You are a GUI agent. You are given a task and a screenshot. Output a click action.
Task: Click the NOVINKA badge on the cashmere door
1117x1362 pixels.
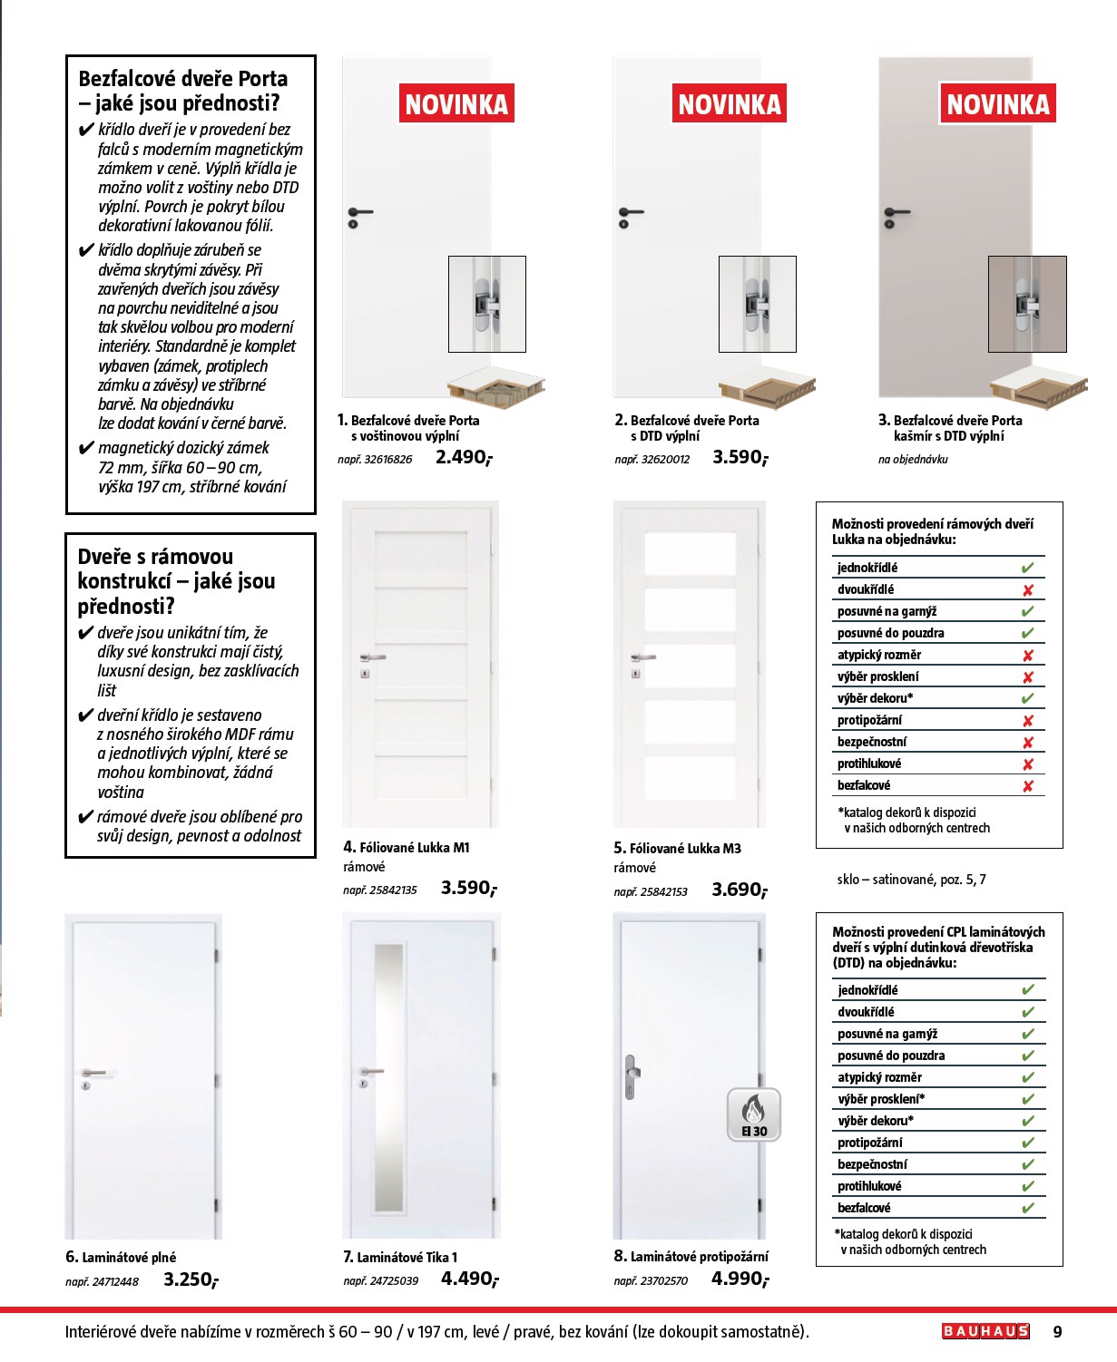997,104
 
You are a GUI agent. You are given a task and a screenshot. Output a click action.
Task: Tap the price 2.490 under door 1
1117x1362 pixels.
463,457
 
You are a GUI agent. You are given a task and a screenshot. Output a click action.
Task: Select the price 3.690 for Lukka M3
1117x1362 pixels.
739,890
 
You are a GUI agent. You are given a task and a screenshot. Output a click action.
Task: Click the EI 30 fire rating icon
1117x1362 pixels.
753,1114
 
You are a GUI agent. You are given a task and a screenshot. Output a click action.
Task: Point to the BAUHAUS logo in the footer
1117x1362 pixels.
985,1331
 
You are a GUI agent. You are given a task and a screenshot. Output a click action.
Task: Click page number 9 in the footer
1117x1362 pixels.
1057,1332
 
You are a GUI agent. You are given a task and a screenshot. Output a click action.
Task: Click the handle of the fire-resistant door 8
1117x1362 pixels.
630,1076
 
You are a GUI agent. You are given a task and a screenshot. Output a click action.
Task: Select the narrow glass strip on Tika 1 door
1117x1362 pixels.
389,1076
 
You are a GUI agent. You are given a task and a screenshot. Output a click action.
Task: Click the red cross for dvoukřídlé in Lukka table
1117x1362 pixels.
1027,590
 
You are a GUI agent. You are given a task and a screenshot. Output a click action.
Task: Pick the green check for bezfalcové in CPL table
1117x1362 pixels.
1027,1208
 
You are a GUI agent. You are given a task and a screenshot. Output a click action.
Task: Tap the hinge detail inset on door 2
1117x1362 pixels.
757,304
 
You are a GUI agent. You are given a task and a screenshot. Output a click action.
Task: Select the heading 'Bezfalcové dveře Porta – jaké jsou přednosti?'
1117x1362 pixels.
182,91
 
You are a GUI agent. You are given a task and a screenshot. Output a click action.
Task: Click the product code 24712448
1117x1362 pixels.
102,1281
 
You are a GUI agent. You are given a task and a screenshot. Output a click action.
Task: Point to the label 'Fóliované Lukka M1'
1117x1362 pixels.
414,848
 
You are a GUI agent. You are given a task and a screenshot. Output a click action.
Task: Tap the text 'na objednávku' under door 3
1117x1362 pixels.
913,460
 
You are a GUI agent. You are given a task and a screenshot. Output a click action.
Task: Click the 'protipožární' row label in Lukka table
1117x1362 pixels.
869,720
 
